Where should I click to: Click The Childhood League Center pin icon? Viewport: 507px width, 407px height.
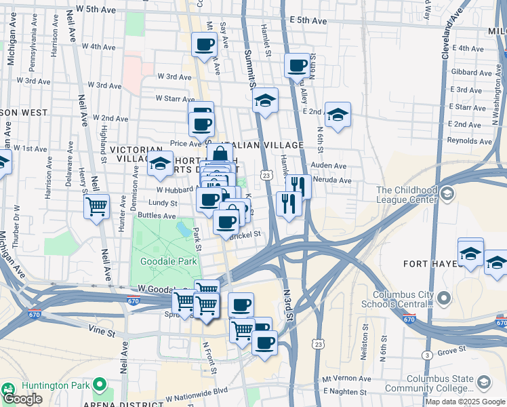pyautogui.click(x=447, y=195)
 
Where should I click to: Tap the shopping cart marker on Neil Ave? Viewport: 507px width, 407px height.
pyautogui.click(x=97, y=206)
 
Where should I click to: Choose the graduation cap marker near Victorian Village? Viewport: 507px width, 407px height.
pyautogui.click(x=160, y=163)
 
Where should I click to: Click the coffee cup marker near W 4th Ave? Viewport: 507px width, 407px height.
pyautogui.click(x=205, y=45)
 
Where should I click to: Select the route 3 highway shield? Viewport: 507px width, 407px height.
pyautogui.click(x=427, y=355)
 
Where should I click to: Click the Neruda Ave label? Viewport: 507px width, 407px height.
pyautogui.click(x=336, y=181)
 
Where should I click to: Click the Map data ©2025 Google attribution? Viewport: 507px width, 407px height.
pyautogui.click(x=464, y=402)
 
